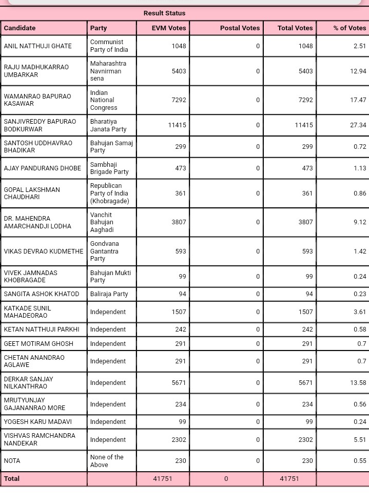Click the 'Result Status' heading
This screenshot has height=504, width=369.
click(x=164, y=13)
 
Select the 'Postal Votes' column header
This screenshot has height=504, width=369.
click(x=240, y=28)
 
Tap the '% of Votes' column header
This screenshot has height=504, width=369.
click(x=349, y=28)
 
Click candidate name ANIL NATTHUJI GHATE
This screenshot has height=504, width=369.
click(x=38, y=46)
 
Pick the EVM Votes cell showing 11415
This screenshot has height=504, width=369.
click(x=177, y=125)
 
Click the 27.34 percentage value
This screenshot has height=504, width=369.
click(x=358, y=125)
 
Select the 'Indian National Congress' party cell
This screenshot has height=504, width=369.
click(x=104, y=100)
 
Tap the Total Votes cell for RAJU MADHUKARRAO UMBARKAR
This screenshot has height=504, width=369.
click(x=305, y=71)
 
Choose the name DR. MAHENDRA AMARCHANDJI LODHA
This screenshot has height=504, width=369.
click(x=37, y=222)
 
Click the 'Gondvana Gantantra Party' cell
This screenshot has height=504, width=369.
click(x=105, y=251)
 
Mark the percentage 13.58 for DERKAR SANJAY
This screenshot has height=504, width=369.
click(x=358, y=383)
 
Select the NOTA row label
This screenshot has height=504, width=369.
click(x=12, y=461)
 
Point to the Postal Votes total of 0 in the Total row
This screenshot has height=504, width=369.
click(x=226, y=478)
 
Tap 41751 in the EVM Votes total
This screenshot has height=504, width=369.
click(x=163, y=478)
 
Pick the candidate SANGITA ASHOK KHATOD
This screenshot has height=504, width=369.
click(x=42, y=294)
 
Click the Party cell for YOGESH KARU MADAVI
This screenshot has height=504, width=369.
click(x=108, y=422)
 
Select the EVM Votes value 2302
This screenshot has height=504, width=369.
click(x=177, y=440)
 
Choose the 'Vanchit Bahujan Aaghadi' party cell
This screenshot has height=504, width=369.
click(x=102, y=222)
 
